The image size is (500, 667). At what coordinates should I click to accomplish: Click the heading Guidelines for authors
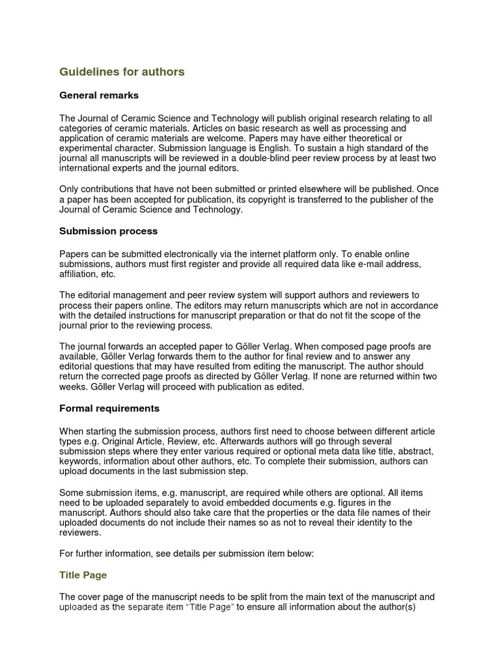[x=122, y=72]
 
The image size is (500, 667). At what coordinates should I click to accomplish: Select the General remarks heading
[x=99, y=96]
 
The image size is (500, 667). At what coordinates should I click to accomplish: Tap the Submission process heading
[x=108, y=231]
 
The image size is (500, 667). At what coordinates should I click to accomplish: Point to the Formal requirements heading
[x=109, y=408]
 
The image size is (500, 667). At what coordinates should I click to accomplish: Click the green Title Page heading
[x=83, y=575]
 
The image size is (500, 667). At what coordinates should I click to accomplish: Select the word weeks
[x=74, y=387]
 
